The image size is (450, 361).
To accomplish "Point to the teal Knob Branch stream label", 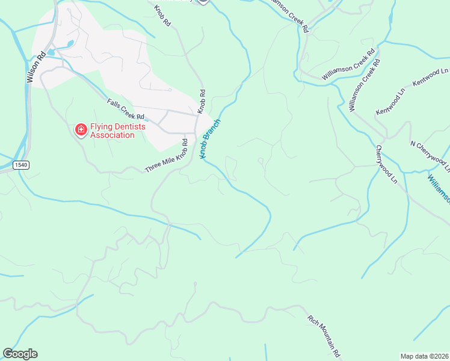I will coord(211,138).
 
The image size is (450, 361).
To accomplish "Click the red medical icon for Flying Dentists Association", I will coord(80,129).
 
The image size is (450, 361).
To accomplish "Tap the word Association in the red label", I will coord(112,135).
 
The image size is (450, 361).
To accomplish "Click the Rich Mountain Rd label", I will coord(325,336).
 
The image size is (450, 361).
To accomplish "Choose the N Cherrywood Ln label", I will coord(429,153).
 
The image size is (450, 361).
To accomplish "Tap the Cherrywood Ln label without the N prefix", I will coord(387,164).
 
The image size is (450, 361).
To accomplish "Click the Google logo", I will coord(20,354).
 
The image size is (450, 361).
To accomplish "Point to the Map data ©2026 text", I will coord(424,356).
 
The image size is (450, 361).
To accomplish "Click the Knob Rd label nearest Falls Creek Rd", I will coord(203,102).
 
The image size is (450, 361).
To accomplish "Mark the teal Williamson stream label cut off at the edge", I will coord(439,189).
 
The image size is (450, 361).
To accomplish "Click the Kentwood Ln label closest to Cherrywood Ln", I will coord(390,104).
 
